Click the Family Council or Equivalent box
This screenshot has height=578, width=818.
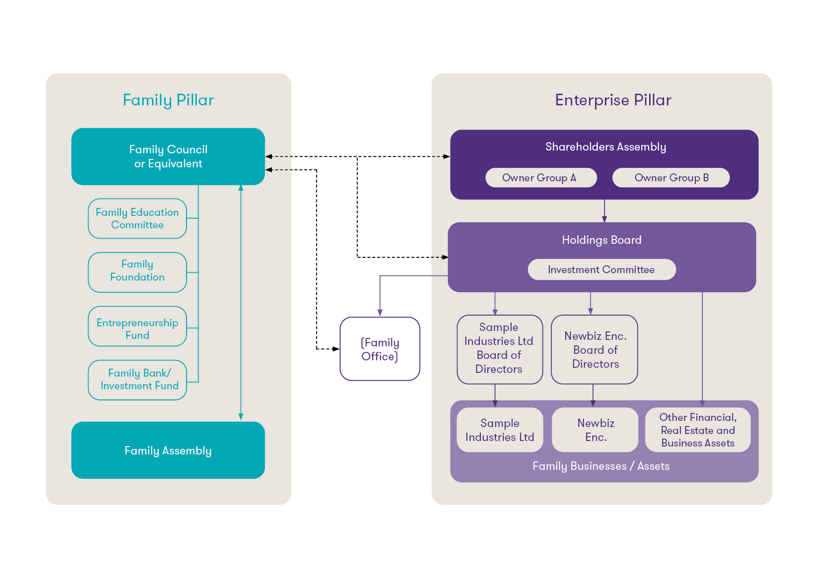click(168, 157)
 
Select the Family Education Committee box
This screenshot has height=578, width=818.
click(137, 219)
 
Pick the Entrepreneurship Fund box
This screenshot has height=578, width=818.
click(137, 326)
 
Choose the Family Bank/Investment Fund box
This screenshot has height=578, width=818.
click(137, 380)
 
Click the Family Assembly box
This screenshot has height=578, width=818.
click(168, 450)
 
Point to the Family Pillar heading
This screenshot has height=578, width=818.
click(168, 100)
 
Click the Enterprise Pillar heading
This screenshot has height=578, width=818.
click(613, 100)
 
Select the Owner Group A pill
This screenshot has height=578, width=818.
click(541, 178)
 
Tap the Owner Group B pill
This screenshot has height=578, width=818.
click(671, 178)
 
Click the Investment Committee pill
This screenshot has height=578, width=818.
click(601, 269)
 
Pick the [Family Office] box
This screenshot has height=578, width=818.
click(380, 349)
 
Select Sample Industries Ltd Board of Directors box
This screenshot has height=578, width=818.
click(499, 349)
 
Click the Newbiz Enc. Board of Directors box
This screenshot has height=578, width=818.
click(595, 349)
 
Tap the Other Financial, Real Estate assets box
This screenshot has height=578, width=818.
click(698, 430)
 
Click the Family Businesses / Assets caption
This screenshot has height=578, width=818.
click(601, 466)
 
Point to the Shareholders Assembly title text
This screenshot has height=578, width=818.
click(605, 147)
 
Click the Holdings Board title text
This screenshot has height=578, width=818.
click(601, 240)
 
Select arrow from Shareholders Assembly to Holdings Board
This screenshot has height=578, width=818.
click(604, 211)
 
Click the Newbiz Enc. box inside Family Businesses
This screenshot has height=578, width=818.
click(595, 430)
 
